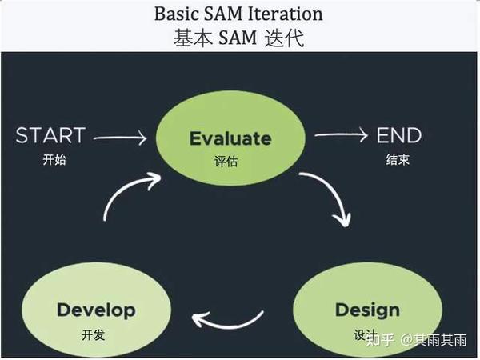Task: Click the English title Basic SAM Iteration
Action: tap(239, 14)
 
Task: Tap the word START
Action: tap(50, 135)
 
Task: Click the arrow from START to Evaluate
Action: tap(120, 138)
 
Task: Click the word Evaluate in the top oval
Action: tap(230, 138)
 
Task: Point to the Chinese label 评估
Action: tap(226, 162)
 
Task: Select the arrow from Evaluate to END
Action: tap(341, 135)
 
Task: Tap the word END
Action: tap(399, 135)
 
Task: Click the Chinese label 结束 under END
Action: tap(398, 159)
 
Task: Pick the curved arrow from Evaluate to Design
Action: tap(334, 196)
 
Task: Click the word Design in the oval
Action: tap(367, 310)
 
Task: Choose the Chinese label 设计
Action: tap(364, 334)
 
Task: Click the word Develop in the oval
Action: tap(96, 310)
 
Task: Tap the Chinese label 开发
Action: tap(94, 334)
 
